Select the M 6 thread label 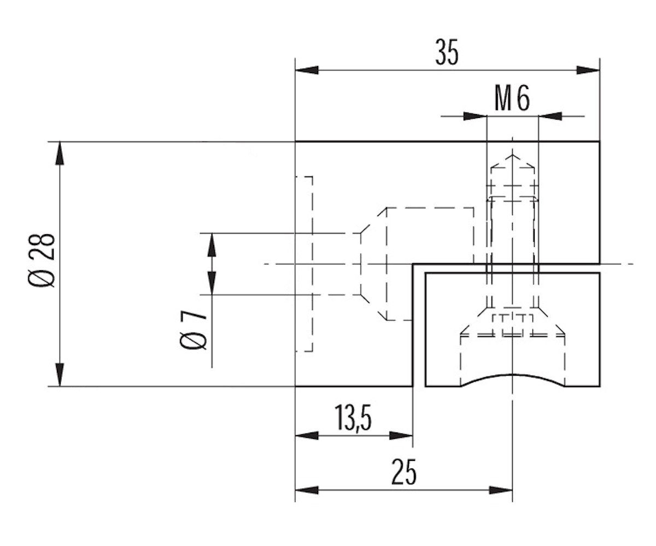512,99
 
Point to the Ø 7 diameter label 192,331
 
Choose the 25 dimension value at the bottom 404,473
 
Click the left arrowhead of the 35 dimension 306,70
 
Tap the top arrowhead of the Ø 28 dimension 60,153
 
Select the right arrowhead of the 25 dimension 501,490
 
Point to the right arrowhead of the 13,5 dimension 401,436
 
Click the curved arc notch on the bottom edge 512,377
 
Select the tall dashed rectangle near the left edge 304,264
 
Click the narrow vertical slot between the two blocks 419,328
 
